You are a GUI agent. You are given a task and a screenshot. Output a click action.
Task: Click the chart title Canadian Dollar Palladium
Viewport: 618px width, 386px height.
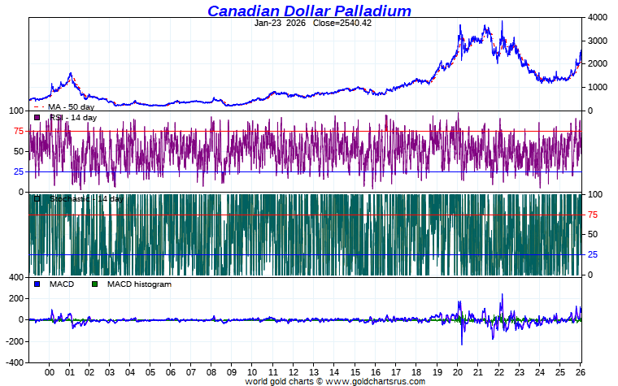[x=309, y=11]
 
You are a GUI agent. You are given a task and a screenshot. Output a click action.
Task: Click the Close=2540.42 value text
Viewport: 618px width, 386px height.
[x=342, y=23]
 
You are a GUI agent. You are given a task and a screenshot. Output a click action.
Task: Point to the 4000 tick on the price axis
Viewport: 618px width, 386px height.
[x=598, y=17]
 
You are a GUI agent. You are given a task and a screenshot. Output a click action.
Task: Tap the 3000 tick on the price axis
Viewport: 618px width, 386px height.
[x=598, y=41]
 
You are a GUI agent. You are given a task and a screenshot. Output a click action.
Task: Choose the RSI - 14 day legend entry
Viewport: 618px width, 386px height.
[x=72, y=118]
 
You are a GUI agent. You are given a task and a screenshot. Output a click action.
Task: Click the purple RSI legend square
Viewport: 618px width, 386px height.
[x=37, y=118]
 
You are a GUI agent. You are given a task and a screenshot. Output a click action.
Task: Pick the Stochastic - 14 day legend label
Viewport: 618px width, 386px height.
[x=85, y=198]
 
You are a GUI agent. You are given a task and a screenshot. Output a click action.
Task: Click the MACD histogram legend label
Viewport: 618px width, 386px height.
[x=139, y=284]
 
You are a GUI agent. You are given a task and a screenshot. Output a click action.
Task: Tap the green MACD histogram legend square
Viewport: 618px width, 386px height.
[x=94, y=284]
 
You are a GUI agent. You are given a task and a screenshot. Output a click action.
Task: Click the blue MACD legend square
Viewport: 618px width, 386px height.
[x=37, y=284]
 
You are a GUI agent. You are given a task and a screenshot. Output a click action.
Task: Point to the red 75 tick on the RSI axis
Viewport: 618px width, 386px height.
[x=18, y=131]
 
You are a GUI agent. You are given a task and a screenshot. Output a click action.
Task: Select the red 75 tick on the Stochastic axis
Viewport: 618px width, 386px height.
[x=594, y=215]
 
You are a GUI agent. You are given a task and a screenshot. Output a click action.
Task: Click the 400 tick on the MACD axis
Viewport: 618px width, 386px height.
[x=16, y=278]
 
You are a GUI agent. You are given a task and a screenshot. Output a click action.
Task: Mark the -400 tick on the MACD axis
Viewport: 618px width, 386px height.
[x=15, y=362]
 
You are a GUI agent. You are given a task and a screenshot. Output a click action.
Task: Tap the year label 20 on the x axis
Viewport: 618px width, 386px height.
[x=457, y=372]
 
